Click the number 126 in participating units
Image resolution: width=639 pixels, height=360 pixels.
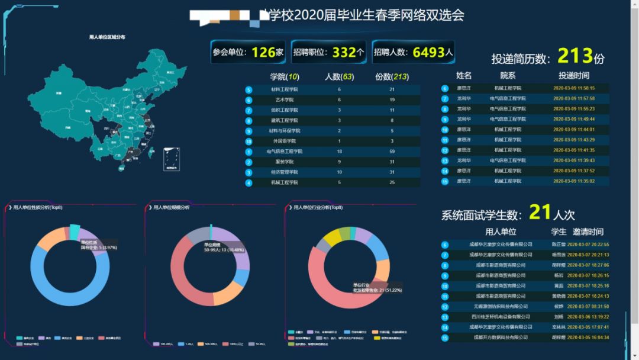pos(264,52)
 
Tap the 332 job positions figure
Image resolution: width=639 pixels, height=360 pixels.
pos(344,52)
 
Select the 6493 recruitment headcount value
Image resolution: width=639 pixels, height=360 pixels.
pos(428,52)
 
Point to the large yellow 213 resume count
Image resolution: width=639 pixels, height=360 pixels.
pos(575,56)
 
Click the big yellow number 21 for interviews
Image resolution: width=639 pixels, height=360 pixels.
pos(540,212)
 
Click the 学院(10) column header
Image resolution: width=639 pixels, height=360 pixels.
pos(285,76)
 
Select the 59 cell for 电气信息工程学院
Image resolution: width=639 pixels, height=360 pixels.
pos(392,152)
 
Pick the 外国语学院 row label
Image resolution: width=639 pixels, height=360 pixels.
pos(285,141)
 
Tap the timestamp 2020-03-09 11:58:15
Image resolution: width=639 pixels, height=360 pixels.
pos(574,88)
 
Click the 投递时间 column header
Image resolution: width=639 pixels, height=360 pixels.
pos(574,76)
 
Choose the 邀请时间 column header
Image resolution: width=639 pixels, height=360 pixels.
pos(588,232)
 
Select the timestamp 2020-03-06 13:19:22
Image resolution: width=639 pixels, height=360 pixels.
pos(588,317)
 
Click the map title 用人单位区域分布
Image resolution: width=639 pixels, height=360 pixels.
pos(107,37)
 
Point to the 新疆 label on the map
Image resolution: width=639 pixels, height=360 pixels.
pos(59,93)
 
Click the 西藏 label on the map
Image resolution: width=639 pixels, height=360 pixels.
pos(67,127)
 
